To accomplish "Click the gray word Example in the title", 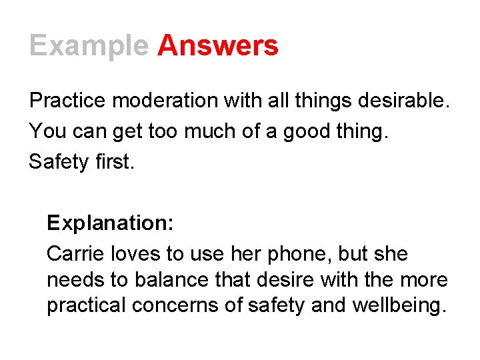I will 89,47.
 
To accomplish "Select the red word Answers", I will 218,45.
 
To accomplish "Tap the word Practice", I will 68,101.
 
